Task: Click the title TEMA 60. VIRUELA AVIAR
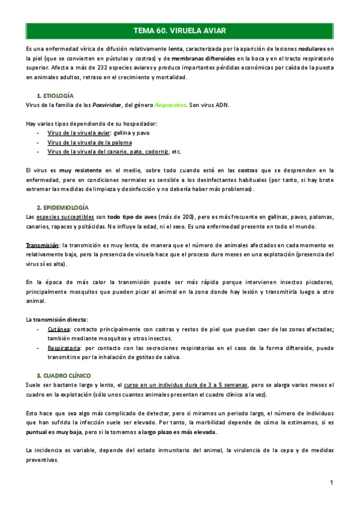pyautogui.click(x=180, y=30)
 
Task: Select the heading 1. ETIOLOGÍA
pyautogui.click(x=55, y=95)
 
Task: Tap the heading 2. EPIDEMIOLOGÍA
pyautogui.click(x=63, y=206)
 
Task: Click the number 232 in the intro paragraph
pyautogui.click(x=80, y=68)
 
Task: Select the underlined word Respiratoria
pyautogui.click(x=64, y=347)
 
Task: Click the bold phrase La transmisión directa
pyautogui.click(x=56, y=319)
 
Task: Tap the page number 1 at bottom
pyautogui.click(x=331, y=483)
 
